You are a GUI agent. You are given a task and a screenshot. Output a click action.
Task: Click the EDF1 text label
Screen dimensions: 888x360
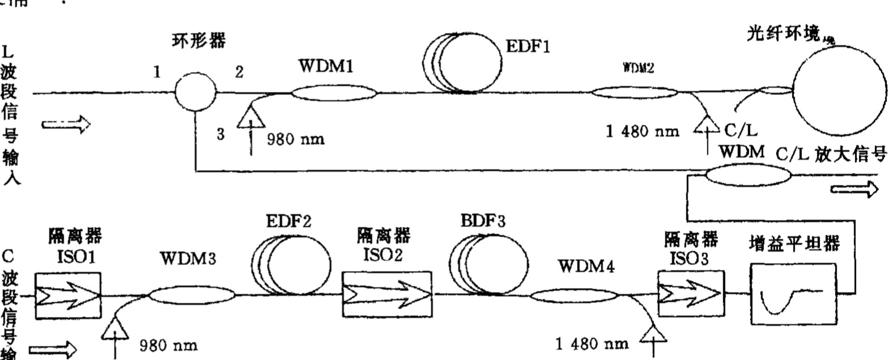click(x=528, y=46)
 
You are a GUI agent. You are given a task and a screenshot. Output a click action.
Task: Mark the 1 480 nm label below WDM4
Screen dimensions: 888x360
click(x=593, y=342)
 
